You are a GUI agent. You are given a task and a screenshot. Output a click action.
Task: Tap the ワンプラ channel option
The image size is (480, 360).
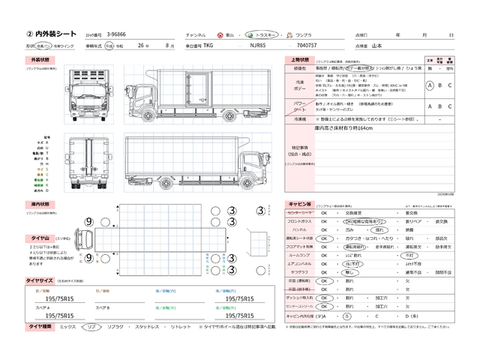coord(302,34)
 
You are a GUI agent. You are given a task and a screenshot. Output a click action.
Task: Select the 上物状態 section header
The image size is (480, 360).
coord(301,58)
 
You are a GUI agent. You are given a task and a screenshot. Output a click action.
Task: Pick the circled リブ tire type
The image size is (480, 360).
coord(90,328)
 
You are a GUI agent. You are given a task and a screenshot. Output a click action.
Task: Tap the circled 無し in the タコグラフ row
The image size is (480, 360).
coord(349,273)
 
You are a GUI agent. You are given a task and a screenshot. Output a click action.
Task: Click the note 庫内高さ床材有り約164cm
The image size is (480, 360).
coord(324,128)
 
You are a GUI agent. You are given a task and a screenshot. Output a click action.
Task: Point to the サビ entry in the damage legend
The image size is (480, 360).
coord(49,172)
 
